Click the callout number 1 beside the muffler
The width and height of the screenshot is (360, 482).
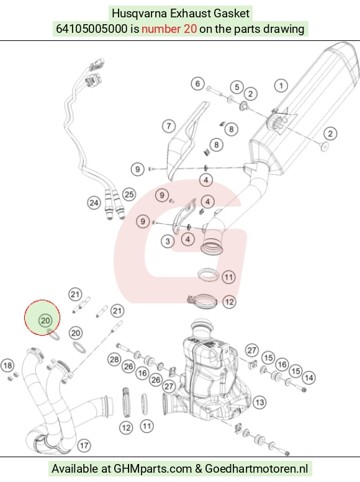tap(281, 86)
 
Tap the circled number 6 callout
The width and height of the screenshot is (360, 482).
tap(197, 83)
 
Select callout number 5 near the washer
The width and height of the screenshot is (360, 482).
tap(237, 87)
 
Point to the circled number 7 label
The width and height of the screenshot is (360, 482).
tap(169, 126)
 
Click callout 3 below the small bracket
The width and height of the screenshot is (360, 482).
tap(168, 241)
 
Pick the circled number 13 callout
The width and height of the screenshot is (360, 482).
tap(259, 403)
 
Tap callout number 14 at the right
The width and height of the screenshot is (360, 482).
tap(308, 378)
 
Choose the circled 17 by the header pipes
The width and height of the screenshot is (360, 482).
tap(84, 445)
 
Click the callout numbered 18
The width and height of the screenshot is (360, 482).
tap(7, 365)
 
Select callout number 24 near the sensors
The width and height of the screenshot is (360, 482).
tap(94, 203)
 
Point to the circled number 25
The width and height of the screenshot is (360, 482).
tap(129, 194)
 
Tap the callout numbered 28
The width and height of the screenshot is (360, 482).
tap(114, 359)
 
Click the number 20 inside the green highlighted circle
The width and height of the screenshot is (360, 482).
tap(45, 321)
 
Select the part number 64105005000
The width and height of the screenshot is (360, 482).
tap(91, 29)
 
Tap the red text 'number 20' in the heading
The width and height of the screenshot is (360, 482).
tap(169, 29)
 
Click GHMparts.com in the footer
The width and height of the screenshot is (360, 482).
tap(153, 468)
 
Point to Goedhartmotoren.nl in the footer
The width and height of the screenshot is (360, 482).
tap(256, 468)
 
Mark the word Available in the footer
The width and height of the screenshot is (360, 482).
tap(74, 468)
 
